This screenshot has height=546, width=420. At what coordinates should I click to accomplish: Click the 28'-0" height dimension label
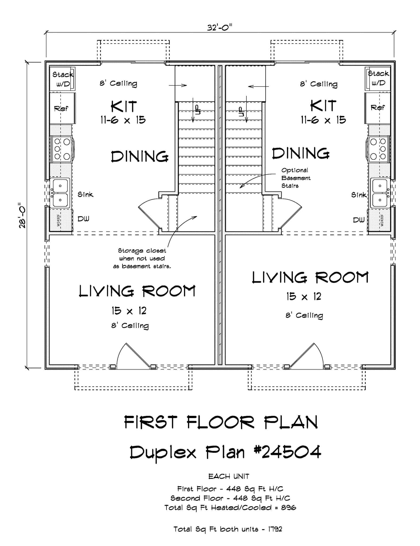(x=22, y=216)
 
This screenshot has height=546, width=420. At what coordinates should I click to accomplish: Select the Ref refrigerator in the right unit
(x=377, y=108)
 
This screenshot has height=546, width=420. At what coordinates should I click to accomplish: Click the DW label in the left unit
(x=83, y=219)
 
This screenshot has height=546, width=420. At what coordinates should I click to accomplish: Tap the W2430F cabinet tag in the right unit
(x=382, y=220)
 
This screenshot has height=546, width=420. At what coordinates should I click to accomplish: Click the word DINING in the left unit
(x=140, y=156)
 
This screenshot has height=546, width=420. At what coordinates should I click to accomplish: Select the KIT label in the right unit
(x=323, y=106)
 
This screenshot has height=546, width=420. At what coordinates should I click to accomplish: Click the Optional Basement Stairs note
(x=296, y=178)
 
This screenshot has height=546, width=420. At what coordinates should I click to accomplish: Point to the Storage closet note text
(x=142, y=258)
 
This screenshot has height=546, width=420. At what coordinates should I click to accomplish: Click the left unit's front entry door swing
(x=133, y=356)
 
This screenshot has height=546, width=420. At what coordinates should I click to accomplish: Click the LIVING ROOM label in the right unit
(x=310, y=278)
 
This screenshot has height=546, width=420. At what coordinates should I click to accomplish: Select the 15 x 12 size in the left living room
(x=129, y=311)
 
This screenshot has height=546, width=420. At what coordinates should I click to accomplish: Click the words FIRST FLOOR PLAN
(x=221, y=423)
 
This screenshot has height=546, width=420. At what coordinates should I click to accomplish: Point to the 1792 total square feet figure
(x=275, y=529)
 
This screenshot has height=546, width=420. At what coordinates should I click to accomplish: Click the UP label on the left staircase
(x=197, y=110)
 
